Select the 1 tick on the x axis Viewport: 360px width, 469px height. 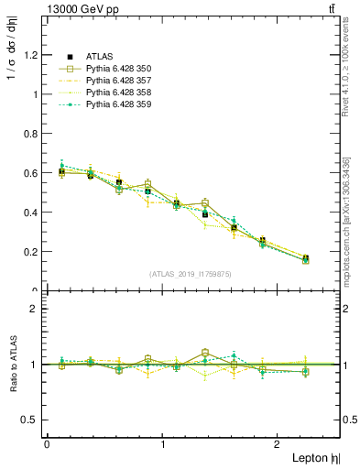click(163, 444)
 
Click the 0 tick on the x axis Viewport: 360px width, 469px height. click(47, 444)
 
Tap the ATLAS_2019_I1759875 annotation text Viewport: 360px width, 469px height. click(191, 273)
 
